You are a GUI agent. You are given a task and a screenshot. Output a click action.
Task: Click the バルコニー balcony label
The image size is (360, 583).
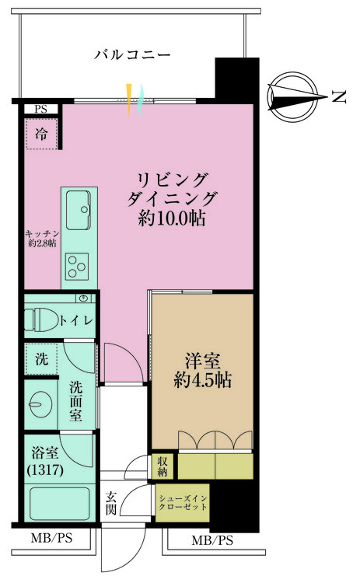click(x=132, y=54)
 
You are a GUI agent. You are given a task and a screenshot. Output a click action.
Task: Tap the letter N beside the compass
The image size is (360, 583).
click(x=338, y=97)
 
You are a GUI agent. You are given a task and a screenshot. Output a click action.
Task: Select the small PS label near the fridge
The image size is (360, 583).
click(x=41, y=110)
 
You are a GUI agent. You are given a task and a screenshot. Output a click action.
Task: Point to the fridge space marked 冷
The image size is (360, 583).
click(x=41, y=134)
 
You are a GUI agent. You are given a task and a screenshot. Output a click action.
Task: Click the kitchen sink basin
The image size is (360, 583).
click(x=79, y=210)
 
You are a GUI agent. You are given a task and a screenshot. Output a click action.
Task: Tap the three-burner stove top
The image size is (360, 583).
click(x=78, y=266)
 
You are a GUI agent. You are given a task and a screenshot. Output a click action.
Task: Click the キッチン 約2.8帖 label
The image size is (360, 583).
click(x=42, y=239)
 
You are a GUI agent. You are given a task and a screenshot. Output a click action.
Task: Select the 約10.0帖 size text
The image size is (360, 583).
click(x=171, y=219)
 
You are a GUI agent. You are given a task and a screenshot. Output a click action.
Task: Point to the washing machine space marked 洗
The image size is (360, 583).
click(x=41, y=359)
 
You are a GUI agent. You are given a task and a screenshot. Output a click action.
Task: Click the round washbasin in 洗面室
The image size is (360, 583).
click(x=39, y=404)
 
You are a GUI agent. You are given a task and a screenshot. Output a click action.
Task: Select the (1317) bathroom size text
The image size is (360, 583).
click(x=45, y=470)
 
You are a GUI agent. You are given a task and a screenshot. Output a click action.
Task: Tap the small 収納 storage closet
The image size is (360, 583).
click(x=163, y=466)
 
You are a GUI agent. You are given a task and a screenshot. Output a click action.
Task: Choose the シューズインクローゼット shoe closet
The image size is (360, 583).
click(x=182, y=503)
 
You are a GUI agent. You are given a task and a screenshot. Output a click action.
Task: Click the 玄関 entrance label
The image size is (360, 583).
click(x=111, y=503)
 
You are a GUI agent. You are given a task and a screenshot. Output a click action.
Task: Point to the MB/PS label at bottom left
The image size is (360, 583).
click(x=51, y=538)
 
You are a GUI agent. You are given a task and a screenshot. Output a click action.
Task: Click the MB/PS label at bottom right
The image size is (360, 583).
click(x=212, y=540)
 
